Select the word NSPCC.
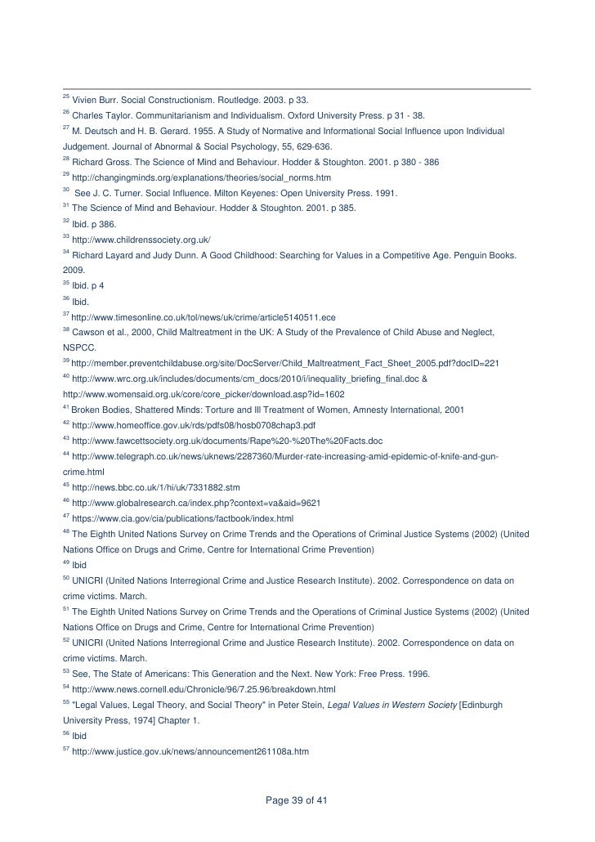point(79,347)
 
